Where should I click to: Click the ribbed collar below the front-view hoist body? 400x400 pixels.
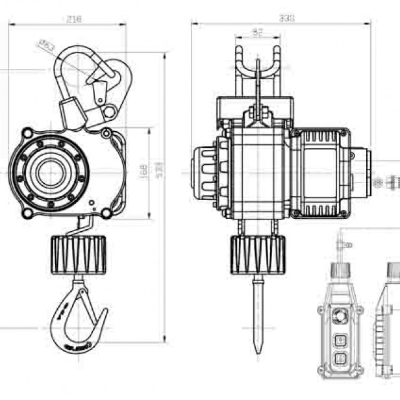(256, 253)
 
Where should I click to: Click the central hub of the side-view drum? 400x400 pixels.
(48, 173)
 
